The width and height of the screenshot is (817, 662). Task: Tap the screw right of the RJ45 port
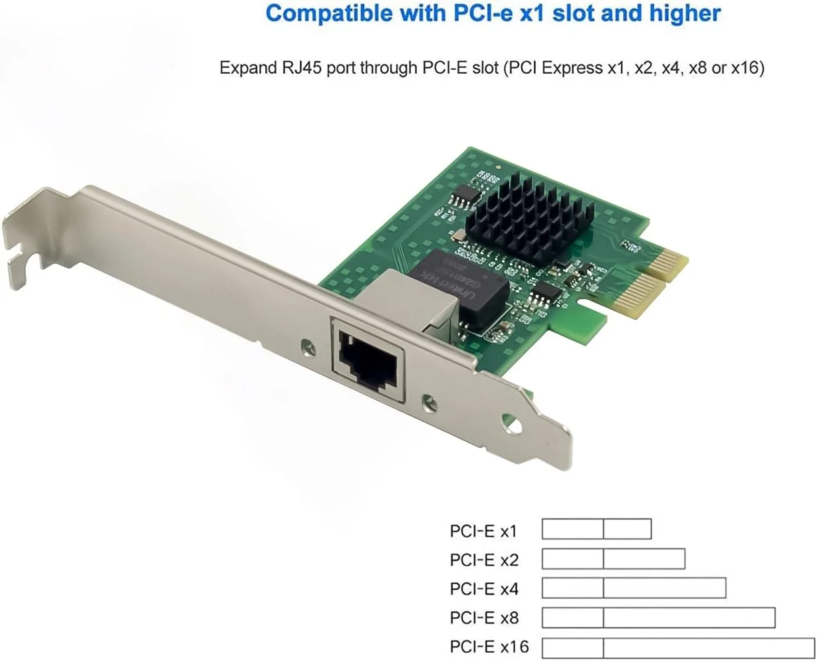pos(429,401)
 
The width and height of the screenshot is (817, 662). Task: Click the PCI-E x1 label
pos(483,531)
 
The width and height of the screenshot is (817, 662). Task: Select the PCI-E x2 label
pos(483,560)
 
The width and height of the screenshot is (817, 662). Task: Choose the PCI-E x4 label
pos(483,589)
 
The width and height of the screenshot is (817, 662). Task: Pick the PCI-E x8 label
pos(483,618)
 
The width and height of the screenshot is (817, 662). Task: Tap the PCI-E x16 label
pos(489,646)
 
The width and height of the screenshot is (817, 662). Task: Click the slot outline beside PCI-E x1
pos(596,529)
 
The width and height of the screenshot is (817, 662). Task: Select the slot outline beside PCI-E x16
pos(678,648)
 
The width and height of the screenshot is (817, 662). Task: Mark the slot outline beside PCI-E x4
pos(634,588)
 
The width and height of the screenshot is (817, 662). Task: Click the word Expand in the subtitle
pos(244,68)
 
